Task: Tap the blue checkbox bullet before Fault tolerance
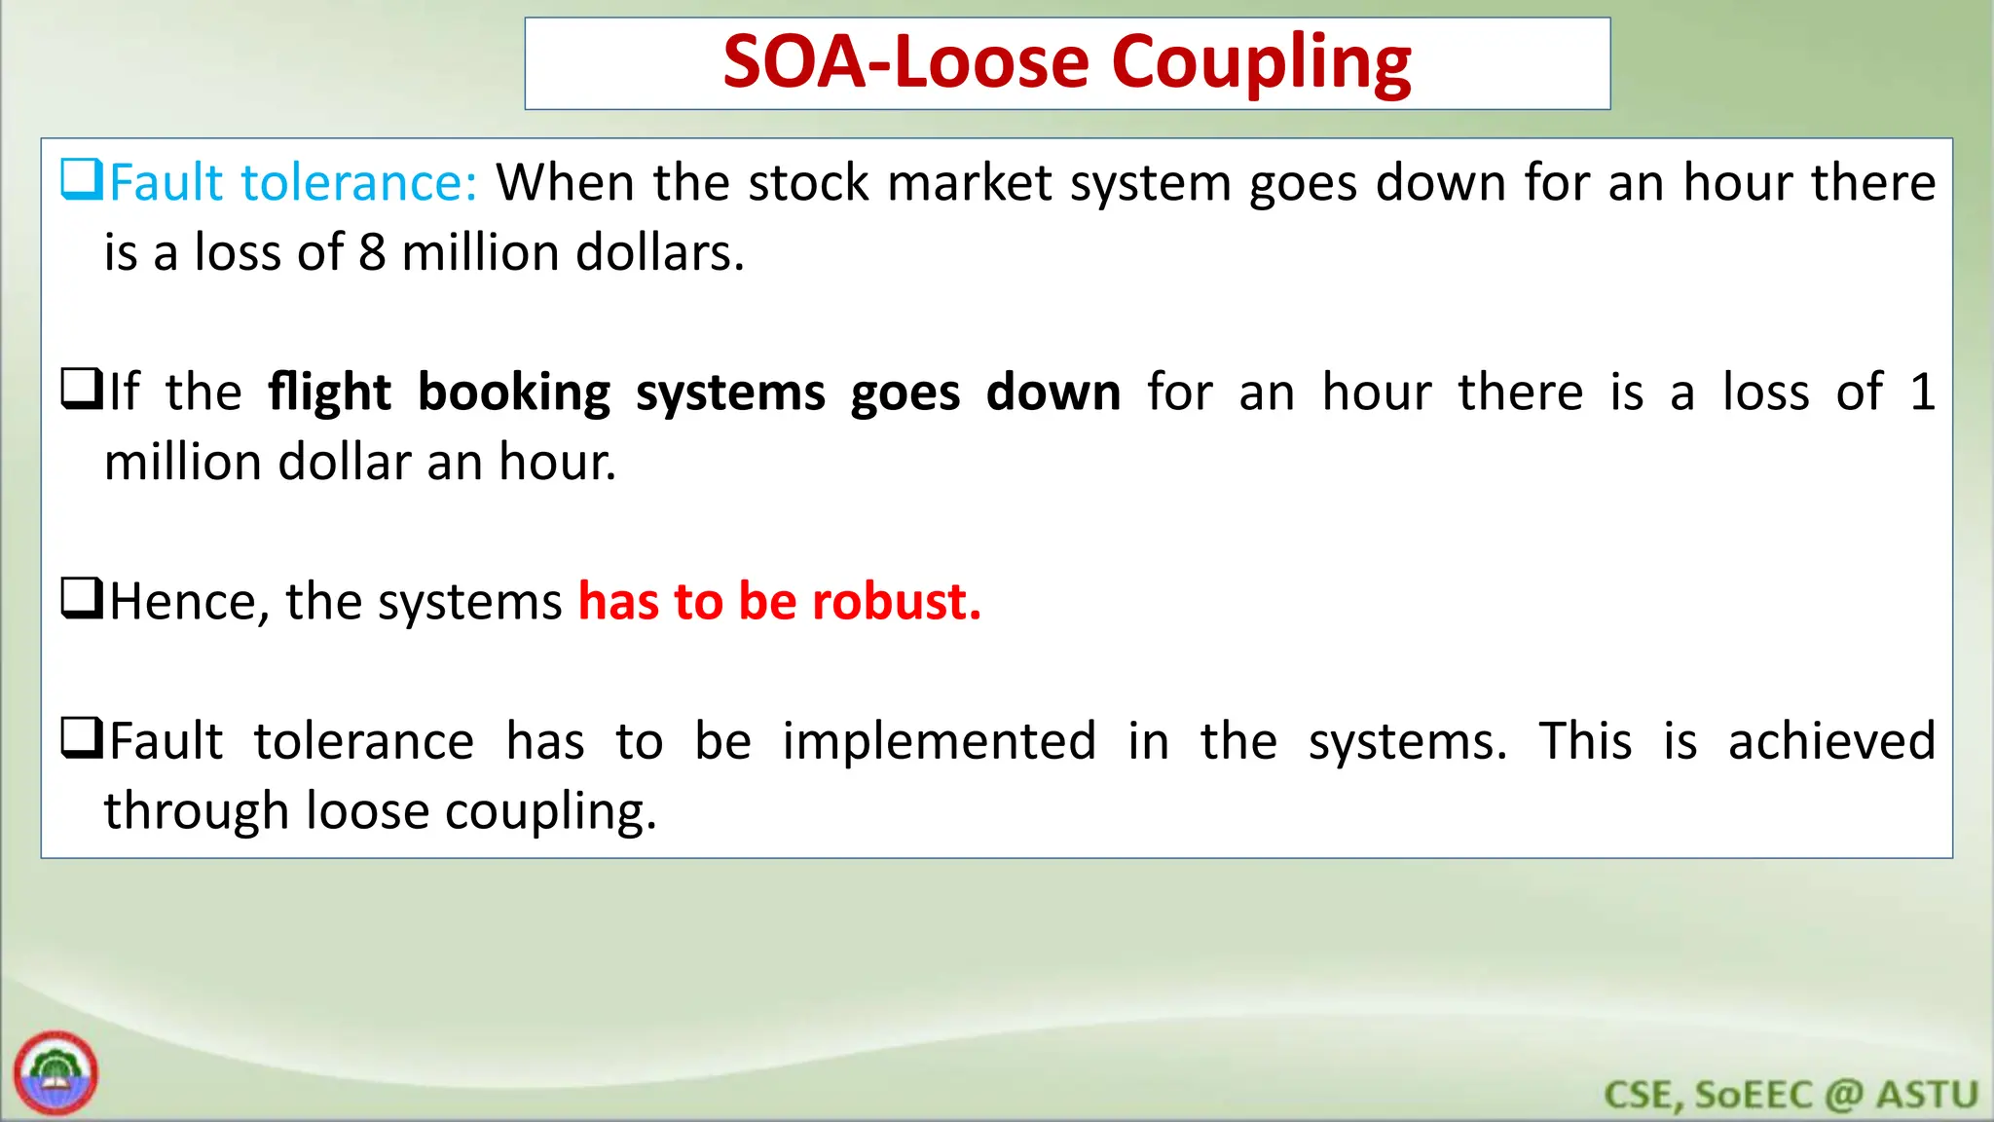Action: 81,180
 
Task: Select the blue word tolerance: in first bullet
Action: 359,183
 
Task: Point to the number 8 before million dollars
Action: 372,253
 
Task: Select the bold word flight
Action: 329,393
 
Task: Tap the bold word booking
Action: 513,393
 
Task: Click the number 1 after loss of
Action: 1922,392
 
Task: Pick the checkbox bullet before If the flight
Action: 81,390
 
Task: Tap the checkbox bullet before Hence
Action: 81,599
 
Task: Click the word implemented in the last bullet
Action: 940,741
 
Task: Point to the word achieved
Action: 1831,741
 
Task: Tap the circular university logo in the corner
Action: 55,1073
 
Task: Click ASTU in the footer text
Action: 1927,1095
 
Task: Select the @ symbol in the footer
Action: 1843,1095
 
